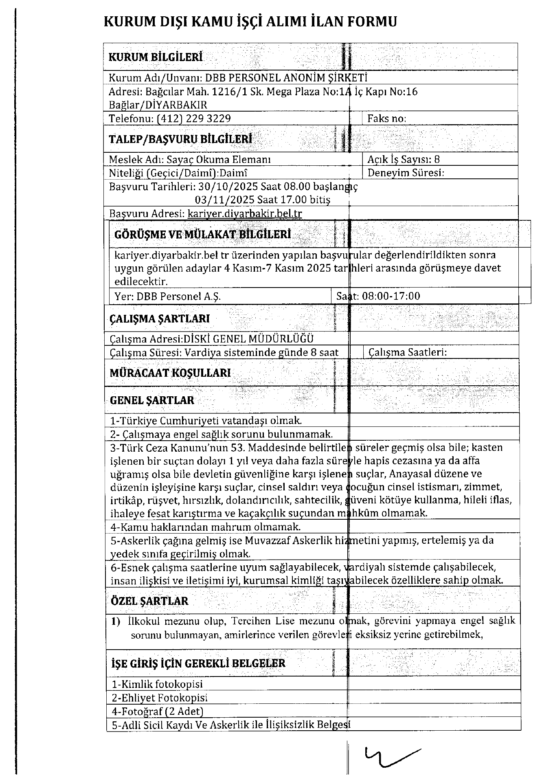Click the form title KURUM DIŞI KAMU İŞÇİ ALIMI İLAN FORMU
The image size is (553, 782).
(250, 22)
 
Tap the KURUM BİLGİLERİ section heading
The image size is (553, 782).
(156, 57)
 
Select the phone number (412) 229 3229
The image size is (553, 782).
(194, 119)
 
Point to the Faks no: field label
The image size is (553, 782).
(386, 119)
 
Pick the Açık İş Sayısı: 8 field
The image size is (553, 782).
(403, 159)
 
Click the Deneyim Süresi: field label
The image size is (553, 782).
(406, 173)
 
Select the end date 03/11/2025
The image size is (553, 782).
(225, 200)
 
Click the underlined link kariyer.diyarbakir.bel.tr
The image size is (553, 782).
(245, 213)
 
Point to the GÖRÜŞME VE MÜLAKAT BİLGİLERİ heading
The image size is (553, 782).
(202, 235)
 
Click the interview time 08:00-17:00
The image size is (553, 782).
(391, 296)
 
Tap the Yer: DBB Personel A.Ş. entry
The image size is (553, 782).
(168, 296)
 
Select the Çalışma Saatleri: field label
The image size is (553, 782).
(407, 352)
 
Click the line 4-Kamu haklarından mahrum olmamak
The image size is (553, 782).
(206, 527)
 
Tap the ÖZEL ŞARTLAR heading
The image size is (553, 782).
(149, 601)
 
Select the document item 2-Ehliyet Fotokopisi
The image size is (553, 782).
(160, 698)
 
